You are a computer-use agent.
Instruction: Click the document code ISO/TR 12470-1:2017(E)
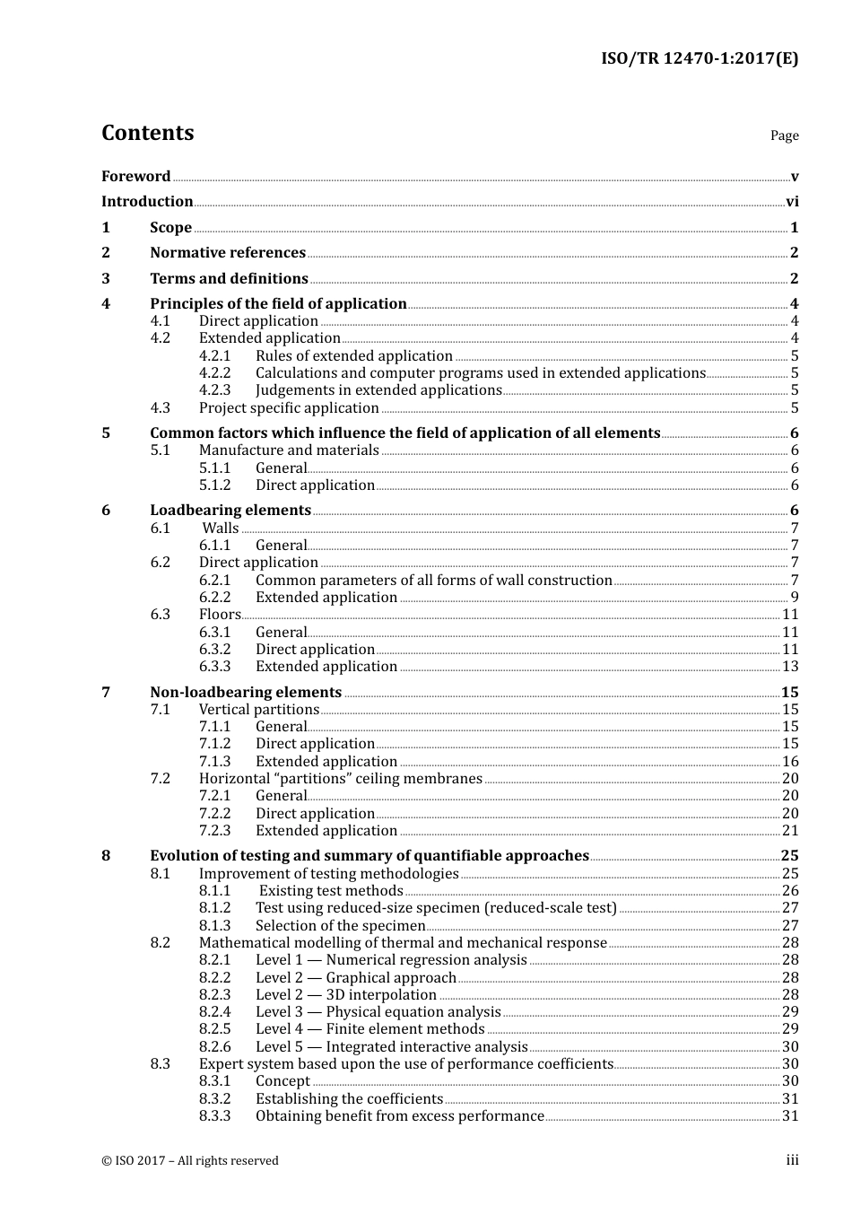699,59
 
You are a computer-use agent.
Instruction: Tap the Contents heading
147,133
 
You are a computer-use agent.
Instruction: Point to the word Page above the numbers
784,135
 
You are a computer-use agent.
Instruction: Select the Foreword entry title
135,177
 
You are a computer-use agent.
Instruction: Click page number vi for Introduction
791,202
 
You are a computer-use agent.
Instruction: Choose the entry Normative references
228,253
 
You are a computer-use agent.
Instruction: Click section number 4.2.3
214,390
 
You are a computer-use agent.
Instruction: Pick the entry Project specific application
289,408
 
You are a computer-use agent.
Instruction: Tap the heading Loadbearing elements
230,511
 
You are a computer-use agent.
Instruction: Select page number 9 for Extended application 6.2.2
795,598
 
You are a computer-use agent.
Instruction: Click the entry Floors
220,615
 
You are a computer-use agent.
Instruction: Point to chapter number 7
106,693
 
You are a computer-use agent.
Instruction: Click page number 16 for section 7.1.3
790,762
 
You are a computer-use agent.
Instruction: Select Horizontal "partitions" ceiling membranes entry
340,779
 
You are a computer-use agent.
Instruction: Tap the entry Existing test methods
331,891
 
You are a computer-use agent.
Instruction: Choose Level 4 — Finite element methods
369,1029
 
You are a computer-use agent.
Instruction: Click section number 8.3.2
214,1099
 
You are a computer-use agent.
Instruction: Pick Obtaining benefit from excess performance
399,1116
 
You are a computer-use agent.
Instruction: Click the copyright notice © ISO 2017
189,1161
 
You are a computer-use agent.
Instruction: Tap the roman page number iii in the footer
792,1160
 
